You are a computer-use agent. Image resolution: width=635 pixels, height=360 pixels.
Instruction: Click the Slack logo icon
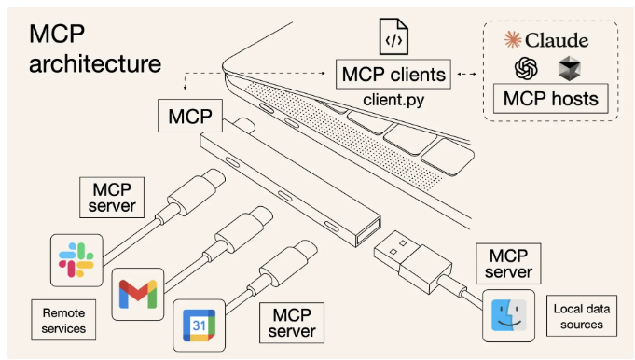(x=76, y=260)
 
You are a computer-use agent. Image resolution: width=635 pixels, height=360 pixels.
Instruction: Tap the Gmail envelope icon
(x=138, y=294)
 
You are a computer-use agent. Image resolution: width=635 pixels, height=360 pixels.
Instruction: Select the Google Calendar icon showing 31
(x=199, y=325)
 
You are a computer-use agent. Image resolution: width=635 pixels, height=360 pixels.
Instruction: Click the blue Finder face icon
(x=508, y=315)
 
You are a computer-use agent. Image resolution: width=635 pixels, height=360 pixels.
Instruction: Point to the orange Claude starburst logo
(x=512, y=40)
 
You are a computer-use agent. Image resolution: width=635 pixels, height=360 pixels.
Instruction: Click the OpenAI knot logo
(x=526, y=68)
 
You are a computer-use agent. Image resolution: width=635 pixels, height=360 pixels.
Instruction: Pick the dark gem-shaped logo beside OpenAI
(x=570, y=68)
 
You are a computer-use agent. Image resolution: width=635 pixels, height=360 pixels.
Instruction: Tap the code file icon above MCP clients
(x=393, y=36)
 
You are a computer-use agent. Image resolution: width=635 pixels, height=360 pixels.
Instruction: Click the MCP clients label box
(x=393, y=75)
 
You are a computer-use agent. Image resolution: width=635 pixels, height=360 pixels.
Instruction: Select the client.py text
(x=393, y=100)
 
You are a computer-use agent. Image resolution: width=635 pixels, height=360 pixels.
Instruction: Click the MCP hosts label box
(x=550, y=99)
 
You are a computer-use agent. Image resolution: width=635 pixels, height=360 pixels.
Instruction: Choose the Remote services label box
(x=63, y=320)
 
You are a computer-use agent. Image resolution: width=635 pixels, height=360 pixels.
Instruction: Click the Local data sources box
(x=582, y=316)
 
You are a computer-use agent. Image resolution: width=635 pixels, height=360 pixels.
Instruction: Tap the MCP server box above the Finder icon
(x=508, y=264)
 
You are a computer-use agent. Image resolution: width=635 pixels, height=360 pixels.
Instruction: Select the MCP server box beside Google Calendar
(x=292, y=323)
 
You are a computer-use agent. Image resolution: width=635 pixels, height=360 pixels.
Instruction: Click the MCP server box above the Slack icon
(x=112, y=197)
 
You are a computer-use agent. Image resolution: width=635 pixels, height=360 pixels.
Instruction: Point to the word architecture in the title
(x=95, y=63)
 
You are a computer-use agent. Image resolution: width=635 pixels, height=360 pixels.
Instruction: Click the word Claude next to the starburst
(x=557, y=40)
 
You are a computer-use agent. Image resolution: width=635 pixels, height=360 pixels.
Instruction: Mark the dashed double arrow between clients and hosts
(x=466, y=74)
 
